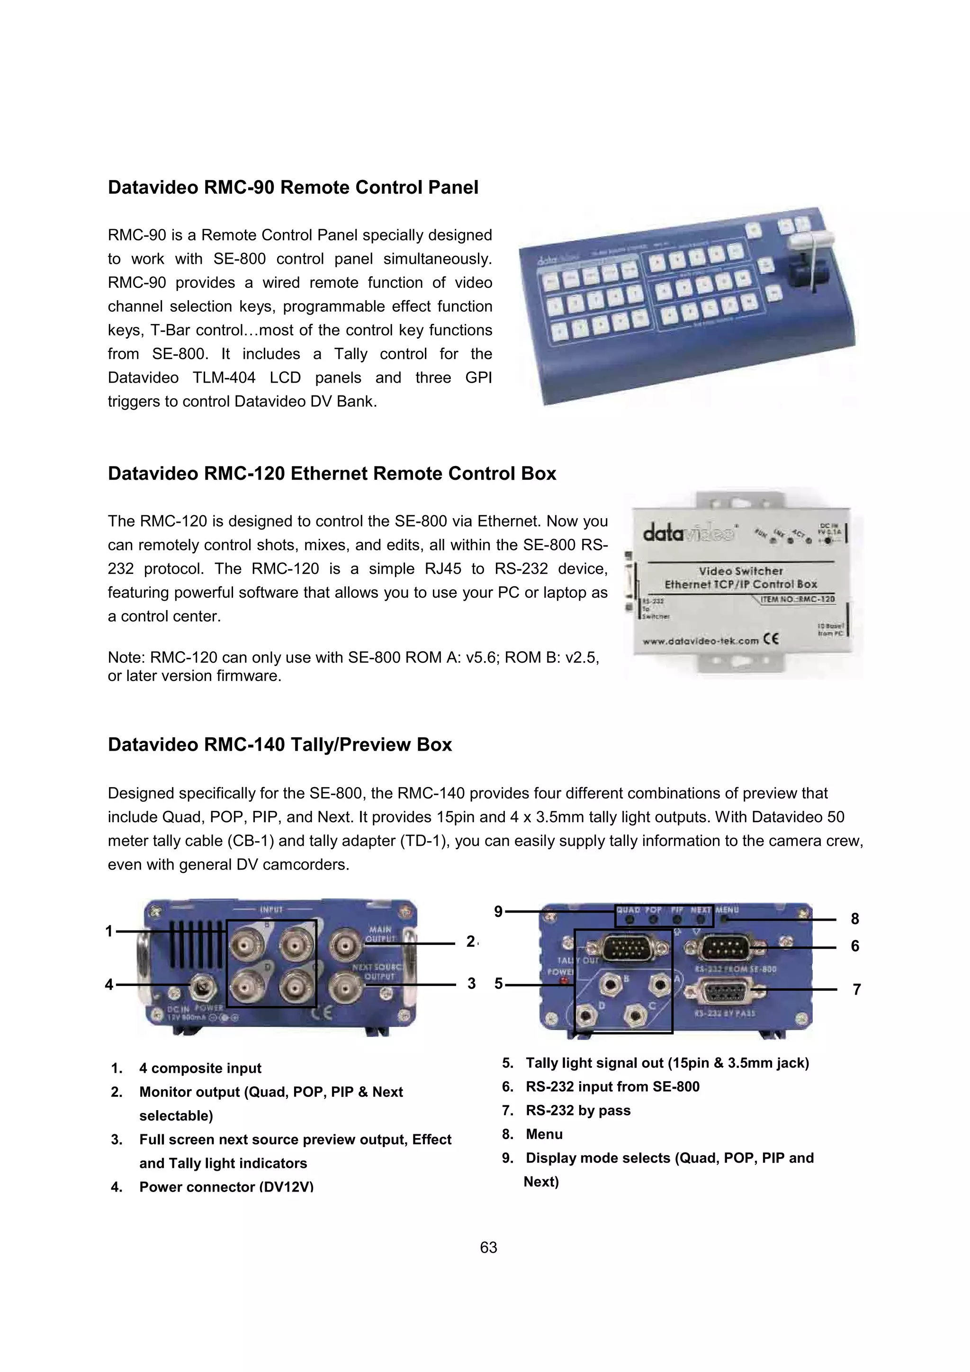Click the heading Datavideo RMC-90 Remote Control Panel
click(x=293, y=188)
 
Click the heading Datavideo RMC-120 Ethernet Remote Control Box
click(x=332, y=474)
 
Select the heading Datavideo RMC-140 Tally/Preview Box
click(x=280, y=745)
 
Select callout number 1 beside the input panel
click(x=109, y=931)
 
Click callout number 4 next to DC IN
click(x=109, y=984)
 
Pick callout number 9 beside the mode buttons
click(x=498, y=912)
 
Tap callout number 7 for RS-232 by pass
click(x=856, y=989)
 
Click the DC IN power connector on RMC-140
click(x=201, y=986)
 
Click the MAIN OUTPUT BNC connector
click(x=345, y=946)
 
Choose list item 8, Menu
click(x=544, y=1134)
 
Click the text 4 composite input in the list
click(x=200, y=1068)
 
